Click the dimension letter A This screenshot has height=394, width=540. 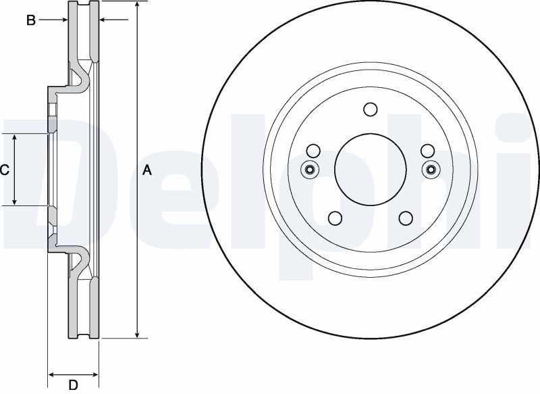[147, 170]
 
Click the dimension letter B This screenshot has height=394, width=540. [31, 20]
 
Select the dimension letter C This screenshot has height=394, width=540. [5, 170]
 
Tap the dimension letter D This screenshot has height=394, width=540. [73, 385]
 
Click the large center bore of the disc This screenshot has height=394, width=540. [371, 169]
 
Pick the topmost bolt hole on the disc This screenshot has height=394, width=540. [371, 109]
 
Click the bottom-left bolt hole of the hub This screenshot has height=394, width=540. [335, 218]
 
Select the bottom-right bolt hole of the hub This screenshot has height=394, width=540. [406, 218]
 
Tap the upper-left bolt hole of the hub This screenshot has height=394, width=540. [313, 151]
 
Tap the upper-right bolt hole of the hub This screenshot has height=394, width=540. [427, 151]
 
